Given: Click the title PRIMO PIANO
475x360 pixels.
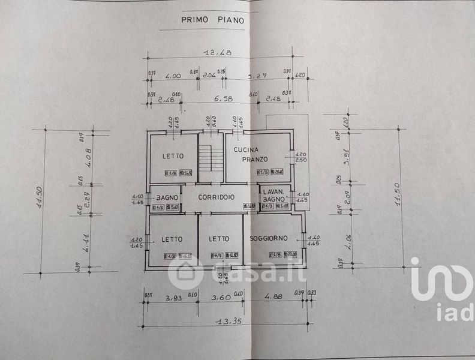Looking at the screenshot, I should tap(212, 19).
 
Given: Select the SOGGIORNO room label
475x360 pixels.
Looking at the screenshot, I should tap(269, 238).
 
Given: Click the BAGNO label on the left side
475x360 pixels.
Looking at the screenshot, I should tap(165, 197).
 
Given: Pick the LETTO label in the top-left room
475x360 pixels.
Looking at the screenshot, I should tap(172, 157).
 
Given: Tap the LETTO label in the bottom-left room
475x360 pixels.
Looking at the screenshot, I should tap(172, 239).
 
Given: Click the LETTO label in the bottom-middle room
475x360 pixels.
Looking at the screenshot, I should tap(219, 239).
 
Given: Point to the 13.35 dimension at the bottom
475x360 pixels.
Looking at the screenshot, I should tap(226, 322).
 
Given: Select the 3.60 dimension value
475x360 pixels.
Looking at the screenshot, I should tap(220, 298).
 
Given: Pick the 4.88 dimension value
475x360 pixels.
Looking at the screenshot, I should tap(272, 298).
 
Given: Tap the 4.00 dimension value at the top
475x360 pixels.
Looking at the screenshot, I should tap(173, 76).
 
